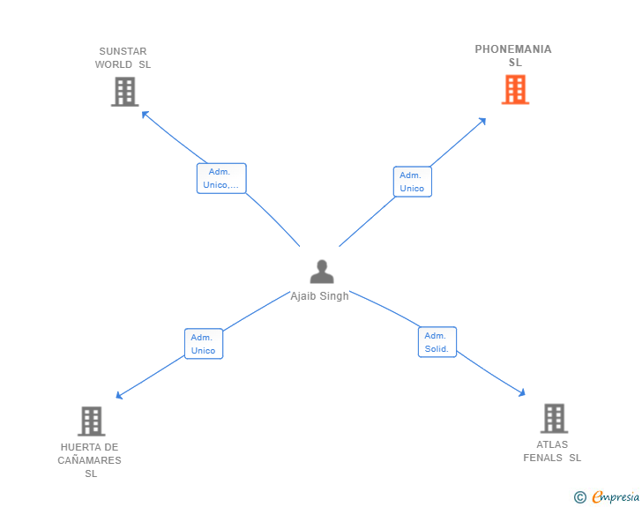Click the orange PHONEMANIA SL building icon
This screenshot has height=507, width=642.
(515, 90)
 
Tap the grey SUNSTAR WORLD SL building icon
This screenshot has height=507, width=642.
(124, 92)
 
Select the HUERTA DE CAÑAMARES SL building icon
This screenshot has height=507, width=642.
(91, 421)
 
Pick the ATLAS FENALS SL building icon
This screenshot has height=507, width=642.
(553, 419)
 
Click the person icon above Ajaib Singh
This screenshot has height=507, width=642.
(322, 272)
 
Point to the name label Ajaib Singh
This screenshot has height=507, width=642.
(319, 296)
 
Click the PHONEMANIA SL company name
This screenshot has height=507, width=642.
(513, 56)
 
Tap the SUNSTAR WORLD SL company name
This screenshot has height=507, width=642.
(123, 58)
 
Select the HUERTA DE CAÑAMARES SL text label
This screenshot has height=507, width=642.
(90, 460)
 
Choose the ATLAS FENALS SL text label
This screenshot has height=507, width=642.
(552, 451)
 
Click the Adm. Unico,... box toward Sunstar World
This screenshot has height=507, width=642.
(221, 178)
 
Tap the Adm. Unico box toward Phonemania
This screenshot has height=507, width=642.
(412, 182)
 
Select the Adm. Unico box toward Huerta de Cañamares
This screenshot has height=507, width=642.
(204, 344)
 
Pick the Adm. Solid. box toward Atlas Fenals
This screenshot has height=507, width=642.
(437, 342)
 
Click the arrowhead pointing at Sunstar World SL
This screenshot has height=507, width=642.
(145, 114)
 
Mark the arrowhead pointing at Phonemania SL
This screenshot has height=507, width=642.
(482, 121)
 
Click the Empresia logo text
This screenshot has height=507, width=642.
(616, 497)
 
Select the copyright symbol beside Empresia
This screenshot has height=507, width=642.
(580, 498)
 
